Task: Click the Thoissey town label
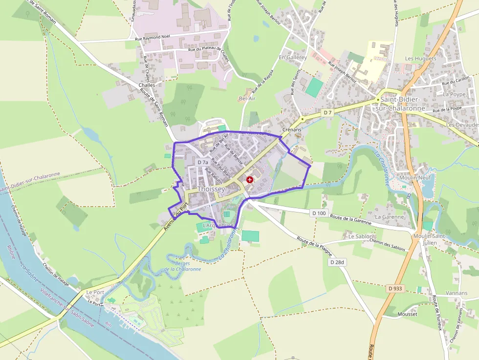(211, 189)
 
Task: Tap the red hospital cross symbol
(250, 180)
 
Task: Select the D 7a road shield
(203, 162)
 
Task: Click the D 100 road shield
(319, 213)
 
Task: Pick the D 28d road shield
(337, 262)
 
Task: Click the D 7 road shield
(327, 113)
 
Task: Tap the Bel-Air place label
(247, 99)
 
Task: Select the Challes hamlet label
(147, 85)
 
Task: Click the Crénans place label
(291, 130)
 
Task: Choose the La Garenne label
(389, 216)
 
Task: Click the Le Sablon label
(360, 236)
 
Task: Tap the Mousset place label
(408, 314)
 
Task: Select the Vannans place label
(443, 293)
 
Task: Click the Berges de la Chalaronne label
(182, 266)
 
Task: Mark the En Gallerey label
(293, 57)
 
